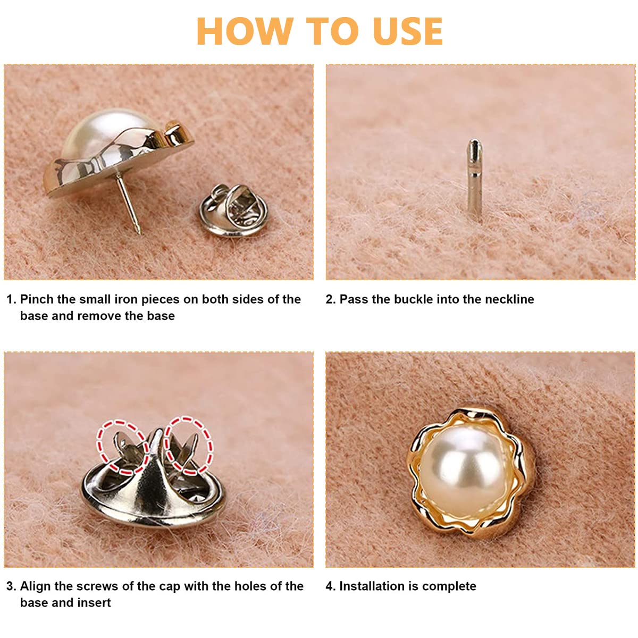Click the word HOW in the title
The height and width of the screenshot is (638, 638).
(x=245, y=31)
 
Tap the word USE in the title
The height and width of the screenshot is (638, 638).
(x=408, y=31)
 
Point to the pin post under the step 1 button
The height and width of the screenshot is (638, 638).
(x=129, y=204)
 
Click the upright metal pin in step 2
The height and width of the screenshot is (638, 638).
(x=474, y=179)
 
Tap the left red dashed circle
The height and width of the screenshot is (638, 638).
(x=122, y=447)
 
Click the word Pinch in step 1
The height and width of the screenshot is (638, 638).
(x=37, y=299)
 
